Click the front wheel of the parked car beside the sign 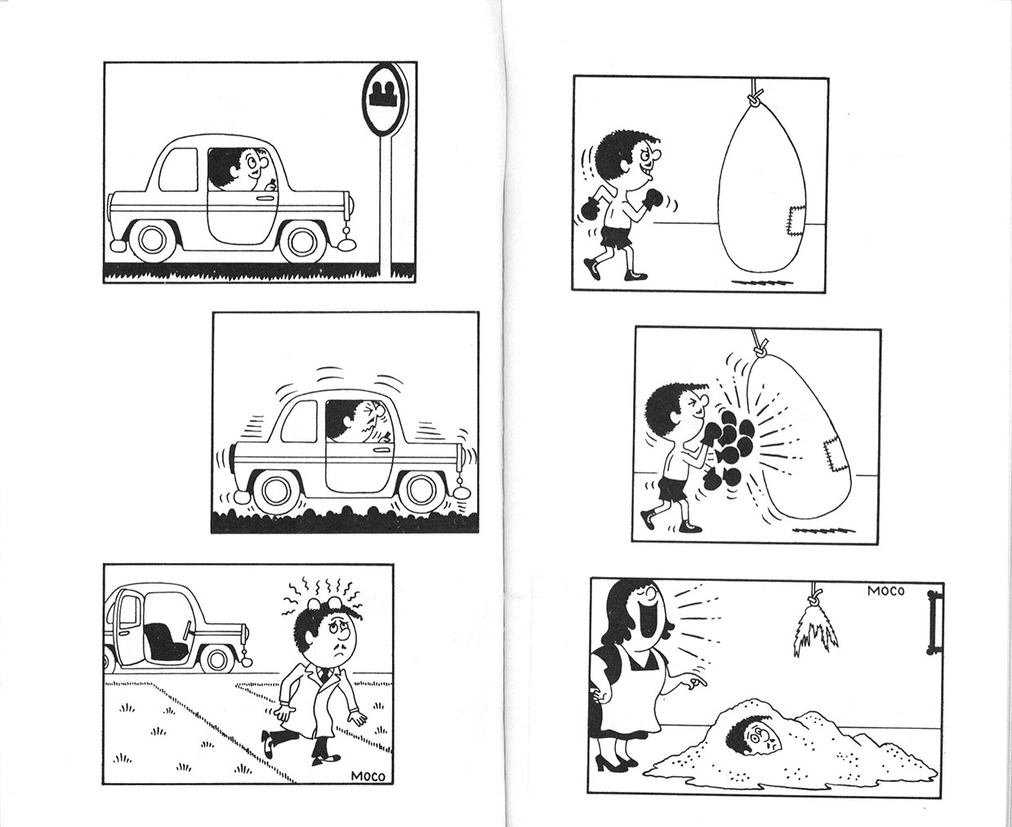(x=301, y=240)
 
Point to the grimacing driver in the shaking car (x=359, y=422)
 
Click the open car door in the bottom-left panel (x=128, y=626)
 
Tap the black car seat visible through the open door (x=166, y=641)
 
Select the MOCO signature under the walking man (x=368, y=776)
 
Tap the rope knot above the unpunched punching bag (x=756, y=101)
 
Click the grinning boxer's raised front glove (x=653, y=199)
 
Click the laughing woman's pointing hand (x=693, y=681)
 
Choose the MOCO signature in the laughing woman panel (x=885, y=592)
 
